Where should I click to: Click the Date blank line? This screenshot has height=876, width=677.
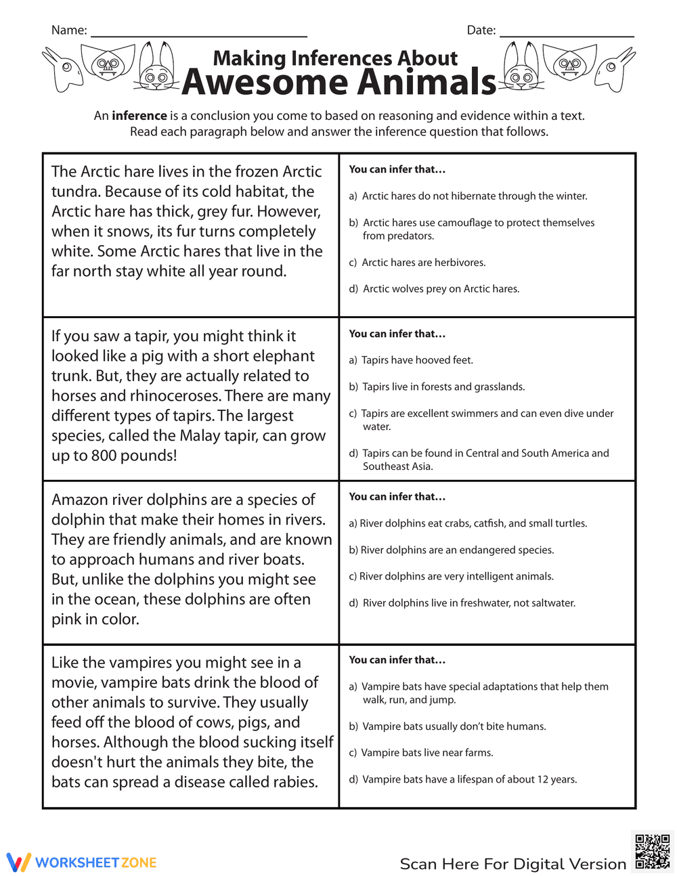566,34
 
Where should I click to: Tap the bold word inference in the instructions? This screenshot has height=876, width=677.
139,116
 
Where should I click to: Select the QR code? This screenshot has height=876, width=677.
653,851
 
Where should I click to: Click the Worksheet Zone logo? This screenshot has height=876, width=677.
82,862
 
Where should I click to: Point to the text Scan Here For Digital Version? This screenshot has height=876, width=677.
512,864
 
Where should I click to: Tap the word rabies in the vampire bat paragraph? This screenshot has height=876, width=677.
293,782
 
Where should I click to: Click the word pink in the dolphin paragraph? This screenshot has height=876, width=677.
66,619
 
